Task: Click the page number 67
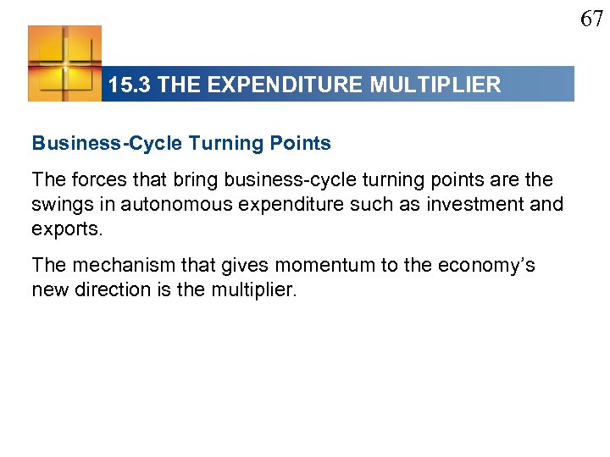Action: pyautogui.click(x=591, y=18)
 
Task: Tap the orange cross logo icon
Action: pyautogui.click(x=64, y=63)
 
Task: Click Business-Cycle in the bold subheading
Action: pyautogui.click(x=107, y=143)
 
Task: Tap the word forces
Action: pyautogui.click(x=91, y=180)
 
